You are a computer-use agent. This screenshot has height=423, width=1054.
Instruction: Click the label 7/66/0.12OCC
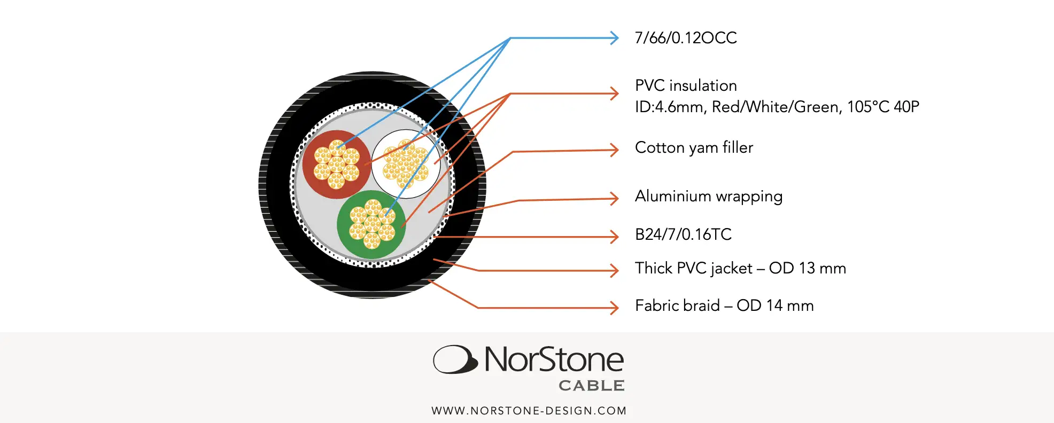686,38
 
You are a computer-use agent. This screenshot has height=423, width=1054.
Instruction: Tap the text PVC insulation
686,85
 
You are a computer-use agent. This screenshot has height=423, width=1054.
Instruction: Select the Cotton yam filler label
694,147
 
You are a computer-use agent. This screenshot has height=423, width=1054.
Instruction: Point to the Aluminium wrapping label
709,197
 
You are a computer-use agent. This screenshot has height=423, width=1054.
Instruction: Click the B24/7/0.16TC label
683,234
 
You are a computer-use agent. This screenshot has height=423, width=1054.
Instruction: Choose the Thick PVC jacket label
740,268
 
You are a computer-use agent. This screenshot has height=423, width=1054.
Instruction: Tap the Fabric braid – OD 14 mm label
724,305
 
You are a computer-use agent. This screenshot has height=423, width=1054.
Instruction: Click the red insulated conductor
336,164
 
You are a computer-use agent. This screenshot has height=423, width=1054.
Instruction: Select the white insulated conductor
406,164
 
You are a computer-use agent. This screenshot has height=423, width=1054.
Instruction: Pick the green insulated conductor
371,224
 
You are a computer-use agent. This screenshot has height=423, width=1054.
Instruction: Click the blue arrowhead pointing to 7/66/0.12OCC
614,38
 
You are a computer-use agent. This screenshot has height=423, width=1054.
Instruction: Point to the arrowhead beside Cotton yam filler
614,150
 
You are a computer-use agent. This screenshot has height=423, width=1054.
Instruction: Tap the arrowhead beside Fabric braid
614,308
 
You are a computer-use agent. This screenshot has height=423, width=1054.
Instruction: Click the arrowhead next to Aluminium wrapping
614,199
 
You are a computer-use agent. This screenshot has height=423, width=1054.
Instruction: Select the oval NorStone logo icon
455,359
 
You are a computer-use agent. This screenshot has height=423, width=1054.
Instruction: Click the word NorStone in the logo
554,359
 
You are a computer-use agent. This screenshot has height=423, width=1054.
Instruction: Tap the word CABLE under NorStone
592,386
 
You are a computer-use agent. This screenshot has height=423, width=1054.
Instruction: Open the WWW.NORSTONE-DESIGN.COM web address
529,411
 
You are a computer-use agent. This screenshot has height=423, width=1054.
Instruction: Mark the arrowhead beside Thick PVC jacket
614,271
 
